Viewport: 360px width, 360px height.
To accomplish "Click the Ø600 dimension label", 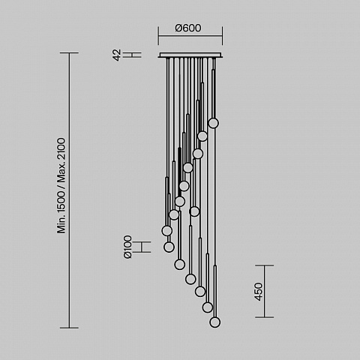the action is (x=188, y=28).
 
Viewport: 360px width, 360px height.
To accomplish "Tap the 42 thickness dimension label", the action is (x=117, y=55).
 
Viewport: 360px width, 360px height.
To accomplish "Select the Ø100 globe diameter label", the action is (x=127, y=247).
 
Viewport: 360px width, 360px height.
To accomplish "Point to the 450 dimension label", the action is (x=259, y=292).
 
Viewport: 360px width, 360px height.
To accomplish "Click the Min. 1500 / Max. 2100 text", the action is (x=61, y=185).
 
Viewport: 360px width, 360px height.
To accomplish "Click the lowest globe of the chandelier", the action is (x=215, y=322).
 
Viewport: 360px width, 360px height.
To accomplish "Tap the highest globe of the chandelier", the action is (x=213, y=123).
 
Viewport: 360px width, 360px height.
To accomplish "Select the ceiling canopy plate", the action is (x=190, y=55).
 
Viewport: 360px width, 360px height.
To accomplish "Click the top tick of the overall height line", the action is (x=69, y=52).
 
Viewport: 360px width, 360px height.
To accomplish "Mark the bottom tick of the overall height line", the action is (x=69, y=328).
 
